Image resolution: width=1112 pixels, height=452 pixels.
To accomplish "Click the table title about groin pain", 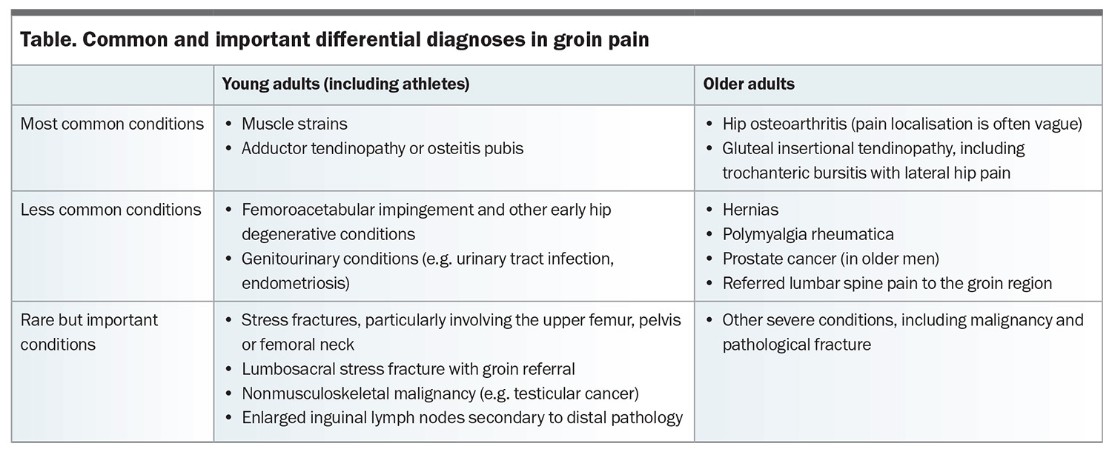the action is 334,39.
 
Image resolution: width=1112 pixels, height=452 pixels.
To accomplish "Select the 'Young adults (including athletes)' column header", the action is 345,84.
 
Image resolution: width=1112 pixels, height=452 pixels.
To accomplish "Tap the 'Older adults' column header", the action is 749,84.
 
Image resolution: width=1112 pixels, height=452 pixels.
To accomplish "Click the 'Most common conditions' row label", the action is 112,124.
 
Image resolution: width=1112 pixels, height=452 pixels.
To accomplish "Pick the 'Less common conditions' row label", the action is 110,210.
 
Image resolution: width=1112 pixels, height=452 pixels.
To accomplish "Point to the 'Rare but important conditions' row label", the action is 90,332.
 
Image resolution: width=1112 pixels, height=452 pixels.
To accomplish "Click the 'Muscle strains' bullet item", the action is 294,124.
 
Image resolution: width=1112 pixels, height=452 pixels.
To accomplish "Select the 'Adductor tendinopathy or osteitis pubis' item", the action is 383,148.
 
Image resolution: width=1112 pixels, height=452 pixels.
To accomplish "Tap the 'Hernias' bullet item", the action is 750,210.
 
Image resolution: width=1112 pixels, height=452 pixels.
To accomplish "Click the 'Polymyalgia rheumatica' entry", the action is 808,234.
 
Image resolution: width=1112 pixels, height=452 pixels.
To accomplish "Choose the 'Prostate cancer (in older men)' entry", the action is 830,259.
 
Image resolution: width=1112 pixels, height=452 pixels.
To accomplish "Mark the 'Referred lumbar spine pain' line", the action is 887,283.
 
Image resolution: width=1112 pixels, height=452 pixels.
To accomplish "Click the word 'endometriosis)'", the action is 295,283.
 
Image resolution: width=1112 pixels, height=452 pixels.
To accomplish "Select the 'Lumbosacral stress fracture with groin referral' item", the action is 408,369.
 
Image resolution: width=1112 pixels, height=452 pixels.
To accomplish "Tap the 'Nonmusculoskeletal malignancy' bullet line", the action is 440,393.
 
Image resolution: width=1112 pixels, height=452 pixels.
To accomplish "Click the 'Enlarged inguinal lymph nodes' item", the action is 462,418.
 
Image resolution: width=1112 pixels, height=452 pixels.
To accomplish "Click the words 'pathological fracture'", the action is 796,345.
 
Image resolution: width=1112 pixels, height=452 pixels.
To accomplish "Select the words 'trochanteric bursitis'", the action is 803,173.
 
